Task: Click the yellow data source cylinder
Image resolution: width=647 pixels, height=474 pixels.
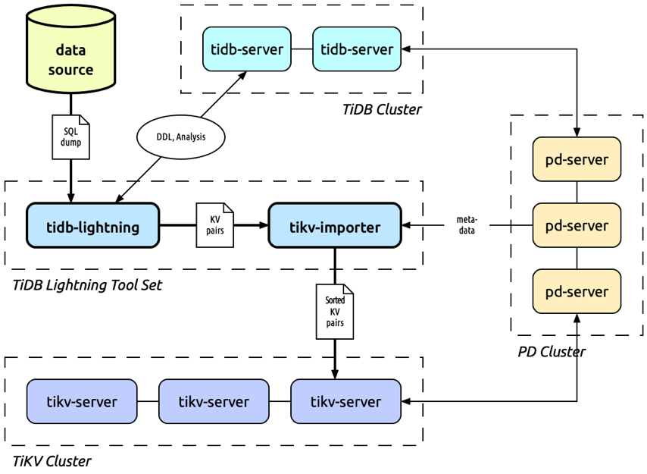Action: click(70, 57)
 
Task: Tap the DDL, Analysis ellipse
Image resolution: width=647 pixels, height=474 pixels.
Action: click(180, 137)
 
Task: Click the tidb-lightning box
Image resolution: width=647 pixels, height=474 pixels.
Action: click(92, 225)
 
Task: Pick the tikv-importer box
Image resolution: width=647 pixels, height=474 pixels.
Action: click(334, 225)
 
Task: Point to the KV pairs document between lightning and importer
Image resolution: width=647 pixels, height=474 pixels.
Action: click(214, 225)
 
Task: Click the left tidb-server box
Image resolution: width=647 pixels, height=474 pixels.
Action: click(246, 50)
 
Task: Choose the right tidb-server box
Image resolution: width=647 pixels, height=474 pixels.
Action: click(356, 50)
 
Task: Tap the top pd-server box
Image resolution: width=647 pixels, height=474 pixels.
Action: click(577, 159)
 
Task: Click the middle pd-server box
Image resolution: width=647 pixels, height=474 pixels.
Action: click(577, 225)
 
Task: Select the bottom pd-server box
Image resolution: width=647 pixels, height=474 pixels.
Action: click(577, 291)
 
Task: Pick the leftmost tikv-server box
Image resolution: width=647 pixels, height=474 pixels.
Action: click(82, 401)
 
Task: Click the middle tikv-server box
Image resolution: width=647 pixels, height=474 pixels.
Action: click(214, 401)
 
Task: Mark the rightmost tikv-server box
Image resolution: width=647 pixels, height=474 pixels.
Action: click(345, 401)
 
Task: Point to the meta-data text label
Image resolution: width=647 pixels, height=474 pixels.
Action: click(467, 225)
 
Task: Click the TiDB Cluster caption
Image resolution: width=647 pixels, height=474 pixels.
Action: click(382, 109)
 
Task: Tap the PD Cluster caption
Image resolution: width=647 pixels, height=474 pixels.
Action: click(552, 352)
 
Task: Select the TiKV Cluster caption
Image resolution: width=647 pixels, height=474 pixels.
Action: click(52, 461)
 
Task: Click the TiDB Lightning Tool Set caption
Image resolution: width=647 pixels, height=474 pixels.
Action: click(88, 285)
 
